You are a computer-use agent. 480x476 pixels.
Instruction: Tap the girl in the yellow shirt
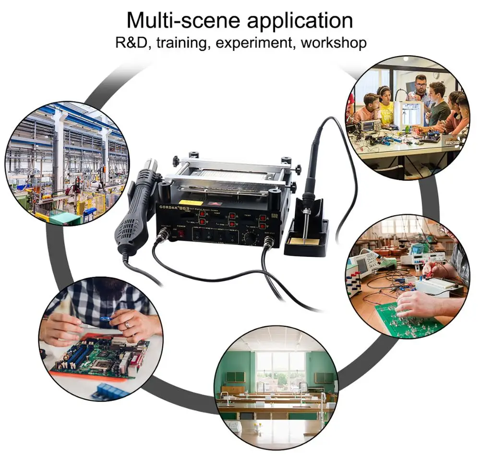click(385, 105)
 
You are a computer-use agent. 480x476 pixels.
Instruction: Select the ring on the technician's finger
click(128, 325)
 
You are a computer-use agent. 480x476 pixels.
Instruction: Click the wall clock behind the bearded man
click(435, 75)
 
